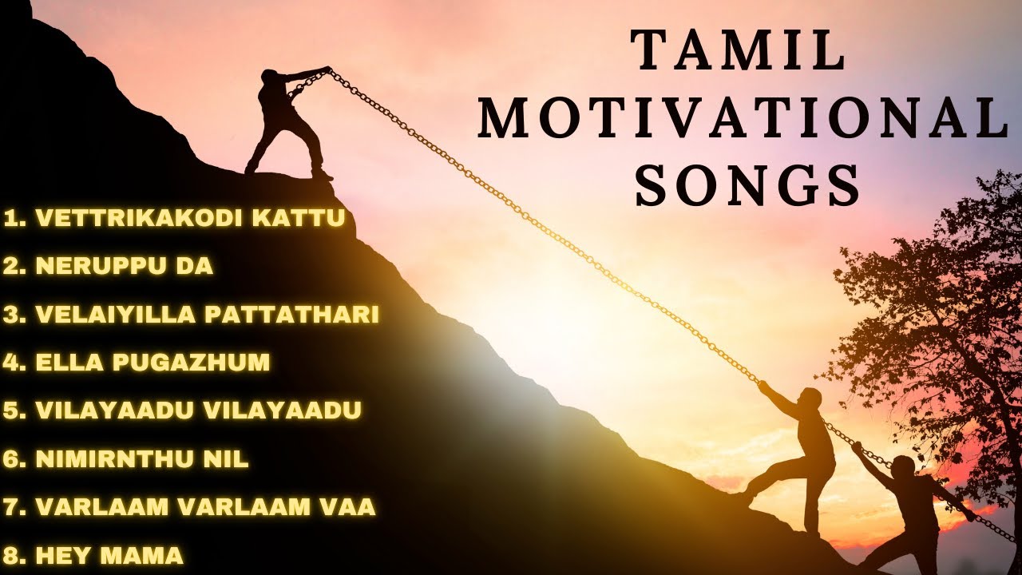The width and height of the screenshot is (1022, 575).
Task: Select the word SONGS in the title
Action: pos(748,188)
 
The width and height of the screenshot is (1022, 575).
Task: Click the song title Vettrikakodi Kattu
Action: pos(175,218)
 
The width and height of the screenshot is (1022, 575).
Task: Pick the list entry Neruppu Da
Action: pos(109,266)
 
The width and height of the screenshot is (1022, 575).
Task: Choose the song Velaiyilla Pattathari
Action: pos(192,314)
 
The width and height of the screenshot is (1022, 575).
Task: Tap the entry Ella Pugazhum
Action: pos(137,362)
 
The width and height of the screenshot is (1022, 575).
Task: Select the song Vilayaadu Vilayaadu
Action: pos(183,410)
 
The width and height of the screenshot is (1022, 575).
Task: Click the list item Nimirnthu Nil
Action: pos(126,458)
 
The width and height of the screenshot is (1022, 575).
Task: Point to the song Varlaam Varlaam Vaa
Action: pos(189,506)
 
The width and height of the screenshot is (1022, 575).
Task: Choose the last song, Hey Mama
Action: pos(93,554)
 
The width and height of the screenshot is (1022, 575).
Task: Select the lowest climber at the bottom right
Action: pos(906,511)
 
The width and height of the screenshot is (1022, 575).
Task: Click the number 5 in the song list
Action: pos(11,410)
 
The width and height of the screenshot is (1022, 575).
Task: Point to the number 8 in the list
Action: pos(11,554)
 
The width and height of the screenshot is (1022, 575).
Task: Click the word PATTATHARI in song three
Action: pos(291,314)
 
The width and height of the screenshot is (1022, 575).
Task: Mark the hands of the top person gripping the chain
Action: pos(323,71)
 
